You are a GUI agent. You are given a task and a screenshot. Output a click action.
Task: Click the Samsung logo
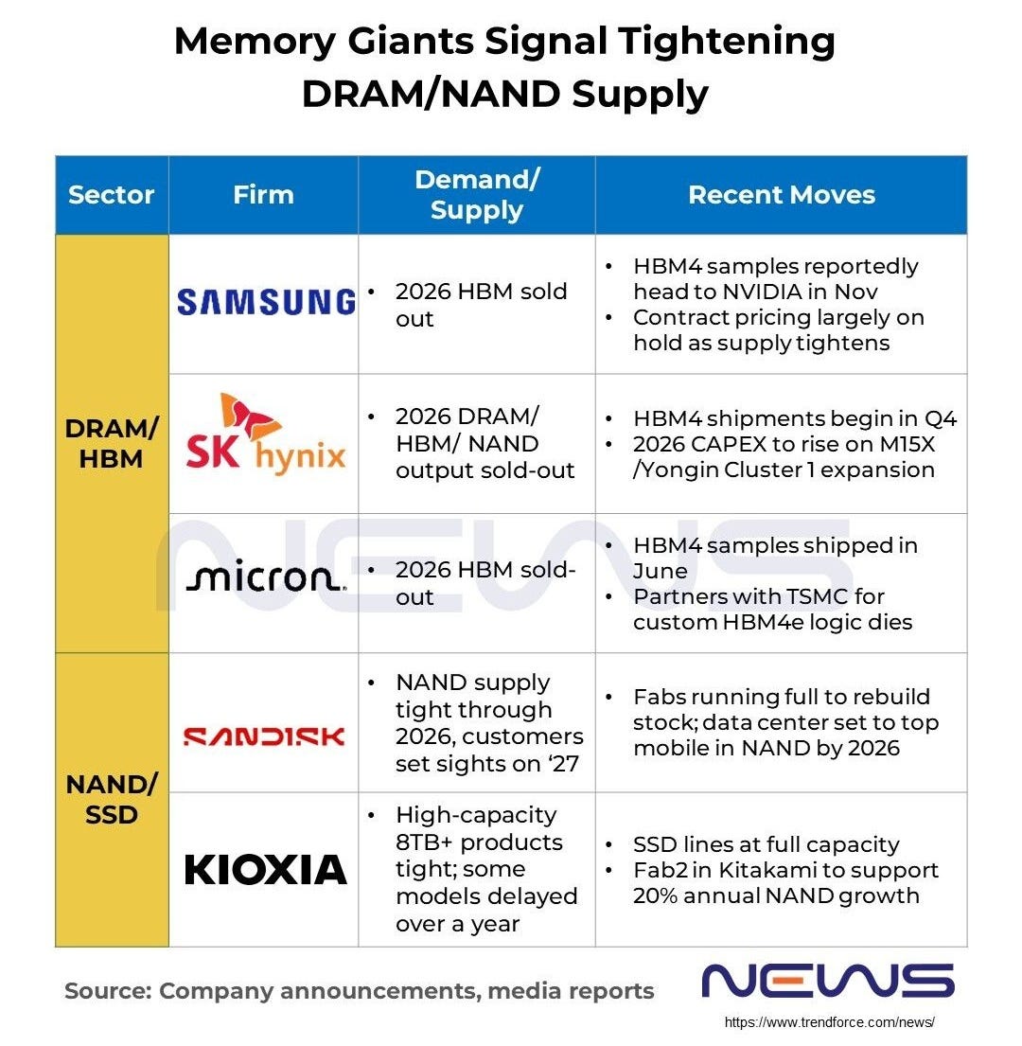pos(266,302)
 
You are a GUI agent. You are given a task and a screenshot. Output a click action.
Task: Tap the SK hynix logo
pos(266,434)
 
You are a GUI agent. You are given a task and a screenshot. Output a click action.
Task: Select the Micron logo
pos(266,578)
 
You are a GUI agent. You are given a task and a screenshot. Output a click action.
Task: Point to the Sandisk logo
pos(264,736)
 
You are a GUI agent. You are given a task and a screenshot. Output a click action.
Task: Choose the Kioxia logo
pos(266,869)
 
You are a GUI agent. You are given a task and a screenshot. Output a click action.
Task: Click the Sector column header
pos(112,195)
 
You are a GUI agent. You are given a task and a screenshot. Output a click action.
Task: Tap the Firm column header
pos(263,195)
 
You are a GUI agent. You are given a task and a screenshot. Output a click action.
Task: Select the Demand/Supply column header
pos(476,195)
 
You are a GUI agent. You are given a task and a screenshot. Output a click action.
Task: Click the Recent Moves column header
pos(781,195)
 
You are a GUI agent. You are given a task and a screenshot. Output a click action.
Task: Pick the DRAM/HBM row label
pos(112,443)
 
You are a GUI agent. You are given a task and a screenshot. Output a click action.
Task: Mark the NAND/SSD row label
pos(112,799)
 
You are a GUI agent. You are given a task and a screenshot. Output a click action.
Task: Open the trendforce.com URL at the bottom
pos(829,1022)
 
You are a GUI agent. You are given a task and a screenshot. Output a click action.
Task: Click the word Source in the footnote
pos(102,991)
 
